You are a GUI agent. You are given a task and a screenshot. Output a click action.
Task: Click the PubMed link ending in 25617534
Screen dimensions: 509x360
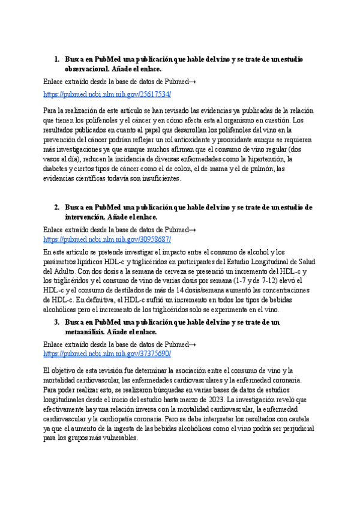pyautogui.click(x=107, y=94)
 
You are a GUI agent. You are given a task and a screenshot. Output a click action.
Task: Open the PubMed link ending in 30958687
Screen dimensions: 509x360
pyautogui.click(x=107, y=239)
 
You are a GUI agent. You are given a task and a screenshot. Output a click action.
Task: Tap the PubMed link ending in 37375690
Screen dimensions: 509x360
pyautogui.click(x=107, y=354)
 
